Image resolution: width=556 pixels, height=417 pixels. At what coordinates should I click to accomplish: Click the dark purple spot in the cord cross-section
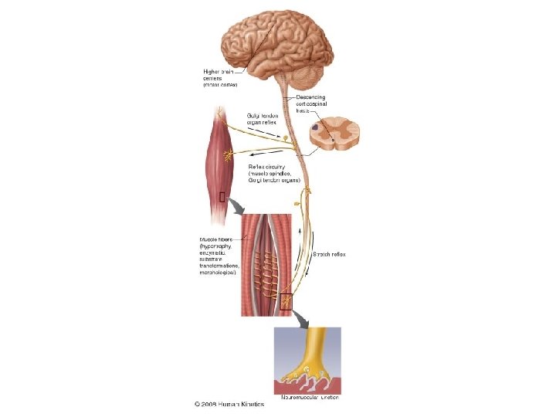317,126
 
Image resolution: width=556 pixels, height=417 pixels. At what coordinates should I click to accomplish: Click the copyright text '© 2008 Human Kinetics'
229,404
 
